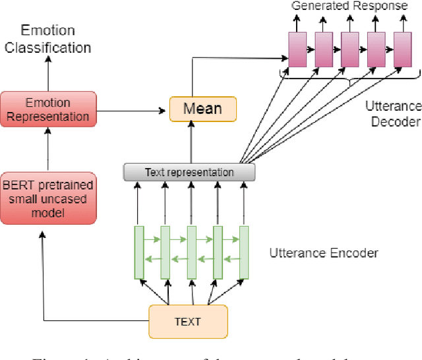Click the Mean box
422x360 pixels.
pyautogui.click(x=202, y=108)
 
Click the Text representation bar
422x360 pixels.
pyautogui.click(x=189, y=172)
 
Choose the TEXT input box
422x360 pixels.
pyautogui.click(x=188, y=322)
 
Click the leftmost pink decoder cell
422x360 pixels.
pyautogui.click(x=297, y=48)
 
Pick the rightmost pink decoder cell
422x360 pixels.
pyautogui.click(x=402, y=48)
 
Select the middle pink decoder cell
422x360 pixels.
pyautogui.click(x=349, y=48)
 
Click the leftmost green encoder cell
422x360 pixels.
pyautogui.click(x=139, y=252)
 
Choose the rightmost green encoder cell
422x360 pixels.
pyautogui.click(x=244, y=252)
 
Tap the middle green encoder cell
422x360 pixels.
pyautogui.click(x=191, y=252)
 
